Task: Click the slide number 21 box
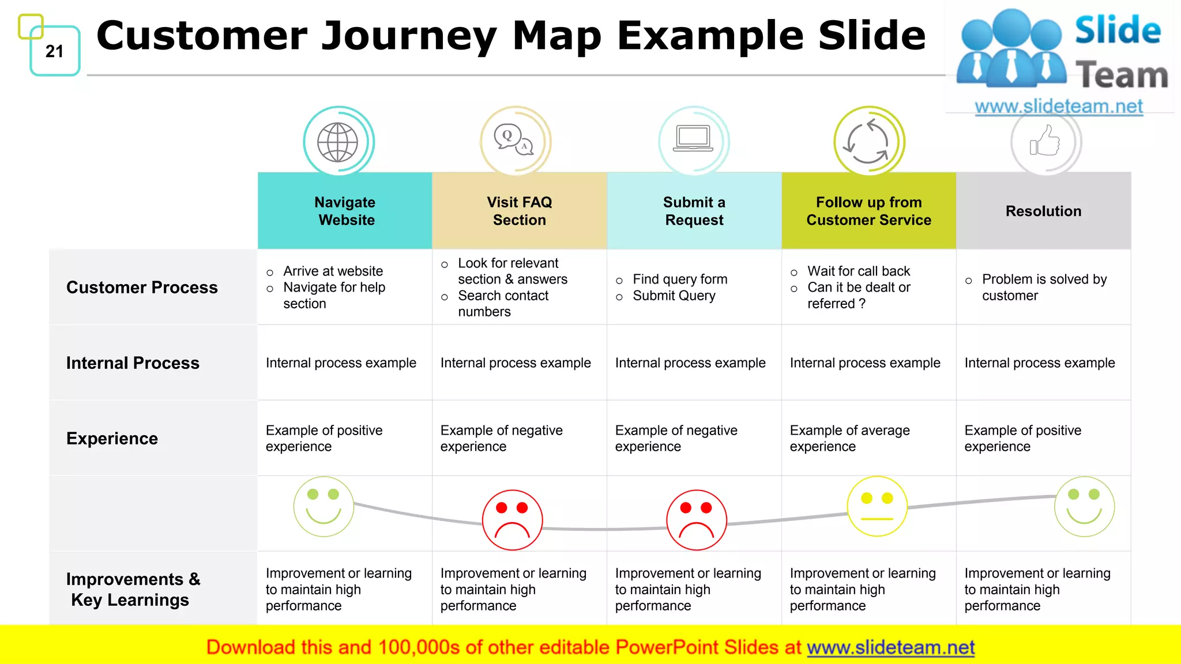tap(55, 51)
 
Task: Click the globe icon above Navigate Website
tap(338, 142)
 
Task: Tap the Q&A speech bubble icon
tap(513, 141)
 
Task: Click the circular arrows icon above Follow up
tap(868, 142)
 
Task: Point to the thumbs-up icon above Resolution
tap(1045, 142)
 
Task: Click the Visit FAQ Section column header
tap(519, 211)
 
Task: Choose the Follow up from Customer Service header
tap(868, 211)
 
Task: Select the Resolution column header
tap(1043, 211)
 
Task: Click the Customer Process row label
tap(142, 287)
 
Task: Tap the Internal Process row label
tap(133, 363)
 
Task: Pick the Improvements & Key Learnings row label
tap(133, 589)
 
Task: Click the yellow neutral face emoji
tap(877, 506)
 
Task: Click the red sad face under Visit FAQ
tap(512, 520)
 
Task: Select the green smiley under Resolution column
tap(1084, 507)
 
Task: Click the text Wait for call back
tap(858, 271)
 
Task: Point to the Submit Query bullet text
tap(674, 296)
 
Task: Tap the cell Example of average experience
tap(849, 438)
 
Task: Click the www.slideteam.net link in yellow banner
tap(890, 647)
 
